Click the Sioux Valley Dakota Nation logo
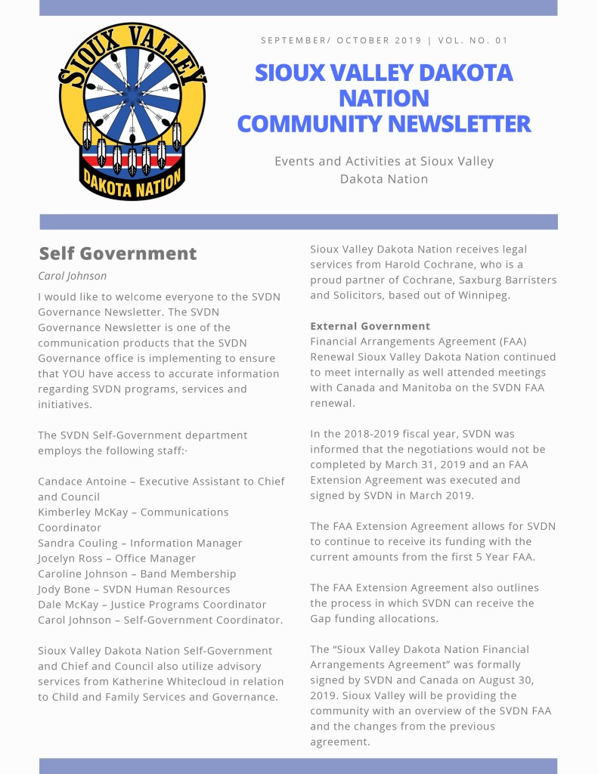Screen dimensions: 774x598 coord(132,111)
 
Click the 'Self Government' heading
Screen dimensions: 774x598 coord(117,254)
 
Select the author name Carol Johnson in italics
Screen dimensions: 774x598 coord(73,276)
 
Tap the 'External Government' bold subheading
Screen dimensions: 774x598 coord(370,327)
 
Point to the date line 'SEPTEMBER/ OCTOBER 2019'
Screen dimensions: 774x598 coord(342,40)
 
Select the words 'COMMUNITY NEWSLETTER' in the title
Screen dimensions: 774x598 coord(383,124)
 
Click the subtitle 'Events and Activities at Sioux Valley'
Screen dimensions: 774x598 coord(383,161)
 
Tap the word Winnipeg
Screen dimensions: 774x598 coord(482,296)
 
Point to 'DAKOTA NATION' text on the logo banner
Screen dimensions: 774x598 coord(132,181)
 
